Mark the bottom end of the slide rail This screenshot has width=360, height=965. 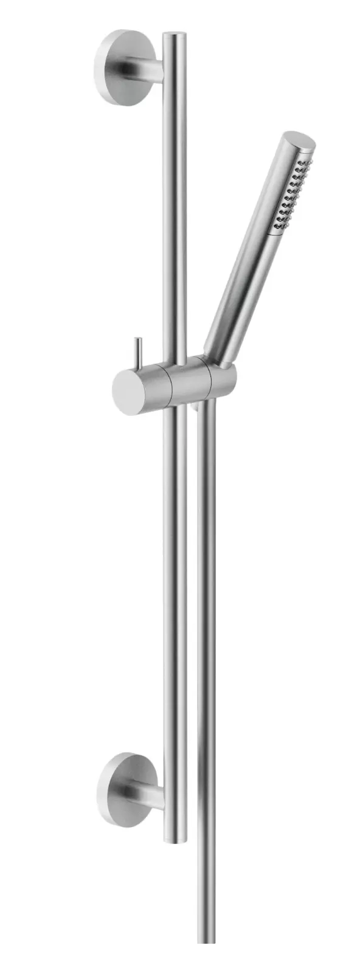(x=175, y=839)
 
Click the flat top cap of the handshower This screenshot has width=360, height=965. (x=300, y=142)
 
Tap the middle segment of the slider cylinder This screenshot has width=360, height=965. (x=189, y=383)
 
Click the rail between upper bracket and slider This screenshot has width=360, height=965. (x=175, y=213)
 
